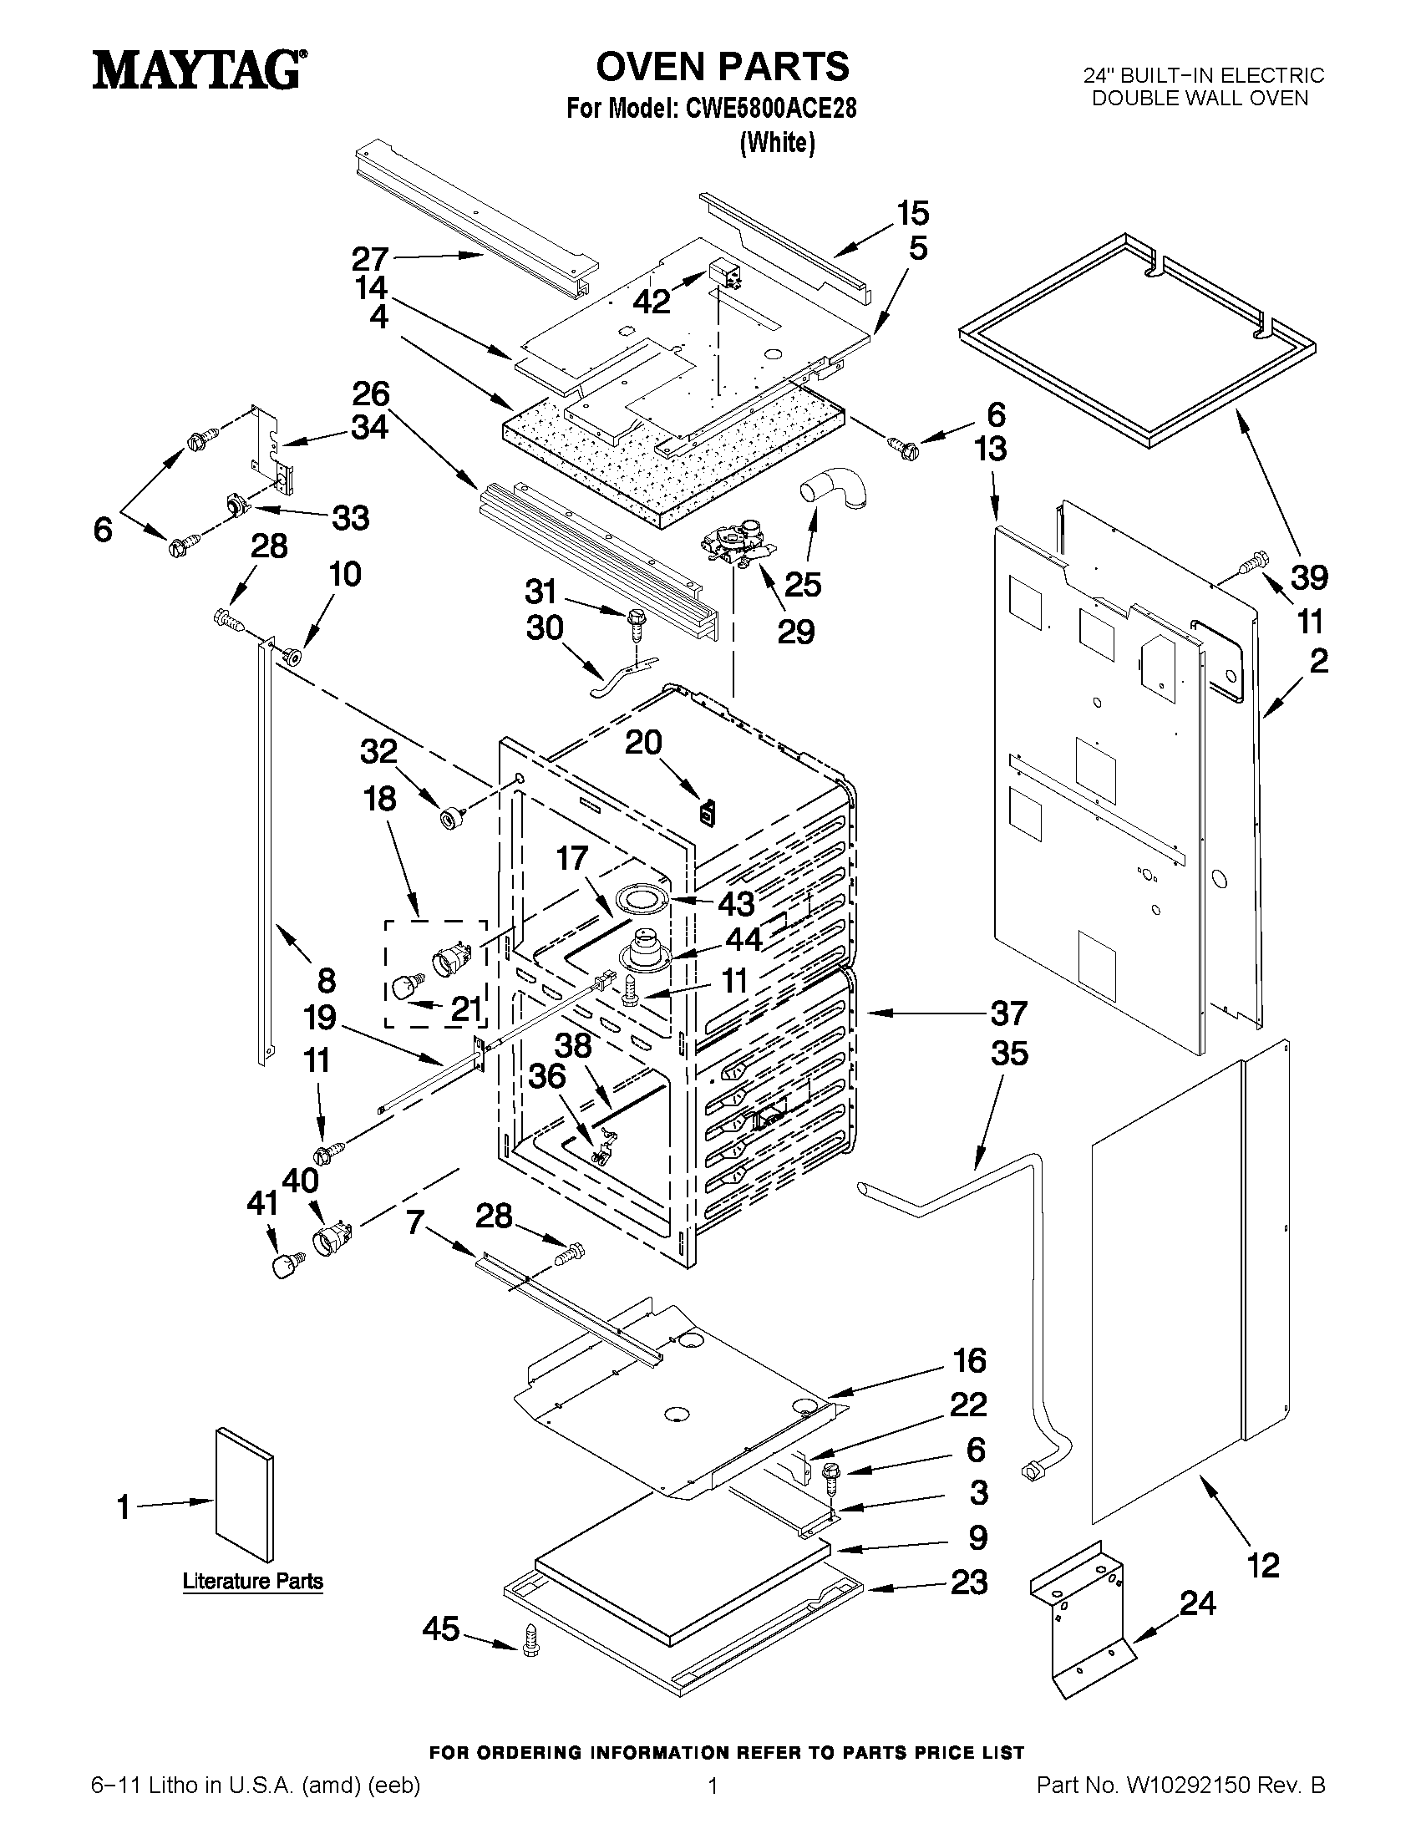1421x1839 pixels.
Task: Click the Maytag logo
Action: click(x=199, y=69)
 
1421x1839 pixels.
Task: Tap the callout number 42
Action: click(x=652, y=301)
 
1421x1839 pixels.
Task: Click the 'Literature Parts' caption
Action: click(x=252, y=1582)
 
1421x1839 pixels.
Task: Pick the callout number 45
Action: click(x=441, y=1629)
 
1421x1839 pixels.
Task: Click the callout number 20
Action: click(x=643, y=743)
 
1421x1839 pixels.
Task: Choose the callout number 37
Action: click(x=1008, y=1013)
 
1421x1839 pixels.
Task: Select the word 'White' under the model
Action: click(x=777, y=143)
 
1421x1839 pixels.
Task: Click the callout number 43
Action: click(x=736, y=903)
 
